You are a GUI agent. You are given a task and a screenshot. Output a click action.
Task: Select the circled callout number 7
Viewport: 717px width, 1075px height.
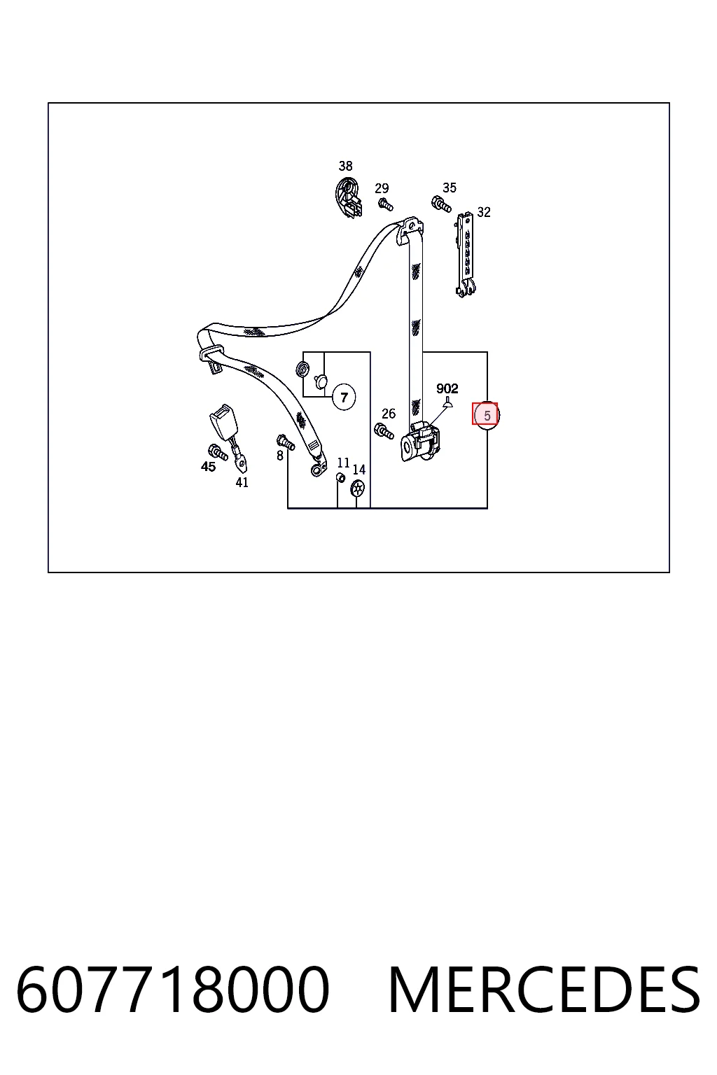[x=344, y=398]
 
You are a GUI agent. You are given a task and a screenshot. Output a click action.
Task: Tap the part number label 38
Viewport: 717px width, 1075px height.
[x=345, y=166]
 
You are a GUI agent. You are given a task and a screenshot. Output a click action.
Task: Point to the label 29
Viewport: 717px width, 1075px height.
[x=382, y=188]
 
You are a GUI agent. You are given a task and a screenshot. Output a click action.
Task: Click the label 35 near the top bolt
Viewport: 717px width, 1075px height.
[x=450, y=188]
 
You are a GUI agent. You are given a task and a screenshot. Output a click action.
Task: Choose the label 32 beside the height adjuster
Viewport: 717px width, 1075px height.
[x=484, y=212]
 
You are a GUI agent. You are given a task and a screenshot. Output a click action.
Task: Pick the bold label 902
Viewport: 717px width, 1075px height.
[x=447, y=388]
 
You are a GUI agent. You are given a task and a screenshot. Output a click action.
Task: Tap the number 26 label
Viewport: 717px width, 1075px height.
[x=389, y=414]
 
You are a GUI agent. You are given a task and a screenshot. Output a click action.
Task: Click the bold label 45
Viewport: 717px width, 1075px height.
[x=208, y=467]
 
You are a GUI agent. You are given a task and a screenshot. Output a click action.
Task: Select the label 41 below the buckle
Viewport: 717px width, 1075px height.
[x=242, y=482]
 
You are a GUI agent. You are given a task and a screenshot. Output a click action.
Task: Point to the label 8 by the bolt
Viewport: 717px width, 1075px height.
[x=280, y=456]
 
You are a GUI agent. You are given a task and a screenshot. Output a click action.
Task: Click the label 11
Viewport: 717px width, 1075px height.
[x=343, y=463]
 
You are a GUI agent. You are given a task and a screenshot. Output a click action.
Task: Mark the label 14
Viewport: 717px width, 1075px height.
[x=358, y=470]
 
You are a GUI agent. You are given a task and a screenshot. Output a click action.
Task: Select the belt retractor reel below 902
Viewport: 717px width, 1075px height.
[x=420, y=442]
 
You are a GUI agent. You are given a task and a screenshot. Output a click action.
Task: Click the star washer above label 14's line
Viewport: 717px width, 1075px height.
[x=358, y=489]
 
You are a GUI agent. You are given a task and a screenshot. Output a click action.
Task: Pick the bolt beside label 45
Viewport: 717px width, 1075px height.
[x=218, y=452]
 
